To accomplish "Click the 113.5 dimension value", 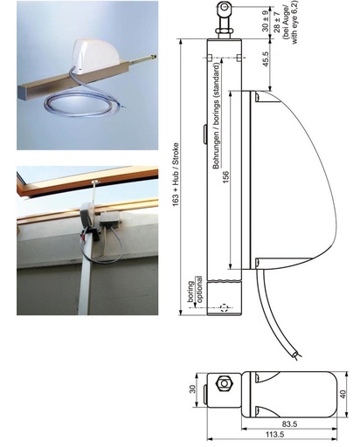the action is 274,435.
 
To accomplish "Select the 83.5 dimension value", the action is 289,424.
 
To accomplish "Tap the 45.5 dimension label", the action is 266,59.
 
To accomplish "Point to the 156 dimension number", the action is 225,177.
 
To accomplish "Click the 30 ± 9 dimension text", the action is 266,21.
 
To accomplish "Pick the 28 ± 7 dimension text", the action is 277,23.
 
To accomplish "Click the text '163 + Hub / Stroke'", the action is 176,175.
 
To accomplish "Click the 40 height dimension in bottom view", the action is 343,395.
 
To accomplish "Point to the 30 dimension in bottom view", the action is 192,389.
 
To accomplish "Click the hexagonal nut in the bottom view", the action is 224,383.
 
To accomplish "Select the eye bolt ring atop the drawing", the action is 225,7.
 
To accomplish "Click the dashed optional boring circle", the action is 224,307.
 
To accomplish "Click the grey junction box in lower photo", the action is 110,218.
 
